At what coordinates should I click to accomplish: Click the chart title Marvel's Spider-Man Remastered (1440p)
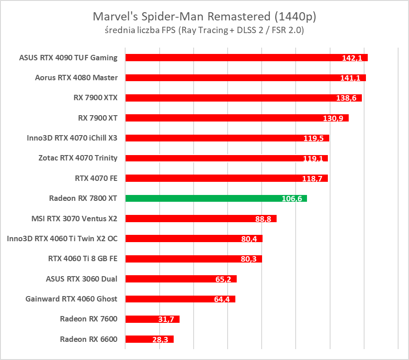[204, 17]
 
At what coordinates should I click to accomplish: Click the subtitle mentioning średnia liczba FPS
[204, 31]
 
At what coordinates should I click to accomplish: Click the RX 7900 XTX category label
[96, 97]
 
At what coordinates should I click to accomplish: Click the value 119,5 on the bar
[313, 138]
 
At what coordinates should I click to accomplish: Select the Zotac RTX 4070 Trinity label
[78, 158]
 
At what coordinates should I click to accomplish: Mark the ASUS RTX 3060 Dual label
[82, 279]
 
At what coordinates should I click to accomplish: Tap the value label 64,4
[222, 299]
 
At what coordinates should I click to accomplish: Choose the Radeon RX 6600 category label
[88, 339]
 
